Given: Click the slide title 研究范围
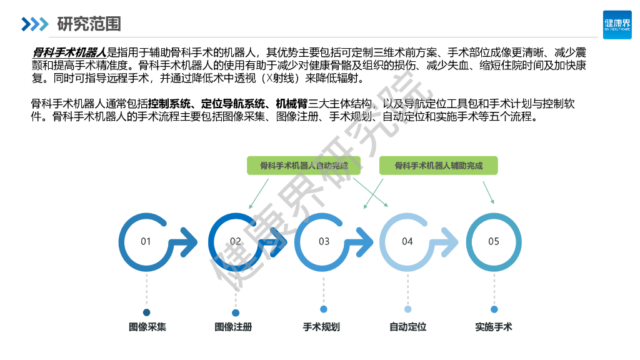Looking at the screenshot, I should (x=89, y=24).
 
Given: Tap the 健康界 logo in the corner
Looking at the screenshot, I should (x=617, y=24).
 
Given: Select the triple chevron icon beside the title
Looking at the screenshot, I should (x=34, y=24).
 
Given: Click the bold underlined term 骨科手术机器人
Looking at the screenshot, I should (x=69, y=52).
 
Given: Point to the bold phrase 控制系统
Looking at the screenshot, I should (x=170, y=104).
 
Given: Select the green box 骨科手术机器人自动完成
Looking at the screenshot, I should (x=304, y=166).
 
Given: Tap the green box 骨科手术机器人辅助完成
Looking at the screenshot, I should (x=438, y=166).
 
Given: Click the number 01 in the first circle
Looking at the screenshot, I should (x=146, y=241).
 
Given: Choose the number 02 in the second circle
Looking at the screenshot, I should (x=236, y=241).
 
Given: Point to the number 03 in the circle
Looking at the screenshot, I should (x=324, y=241).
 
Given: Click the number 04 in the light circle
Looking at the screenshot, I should (x=407, y=241).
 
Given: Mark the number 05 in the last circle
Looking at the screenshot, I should (x=494, y=241).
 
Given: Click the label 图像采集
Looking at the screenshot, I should (x=147, y=327).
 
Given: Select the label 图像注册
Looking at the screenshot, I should (x=233, y=327).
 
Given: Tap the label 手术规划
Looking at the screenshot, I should (x=321, y=327).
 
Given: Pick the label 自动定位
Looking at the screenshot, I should (x=407, y=327).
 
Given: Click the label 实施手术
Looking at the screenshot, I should (x=493, y=327).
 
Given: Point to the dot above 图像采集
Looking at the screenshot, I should (x=147, y=312).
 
